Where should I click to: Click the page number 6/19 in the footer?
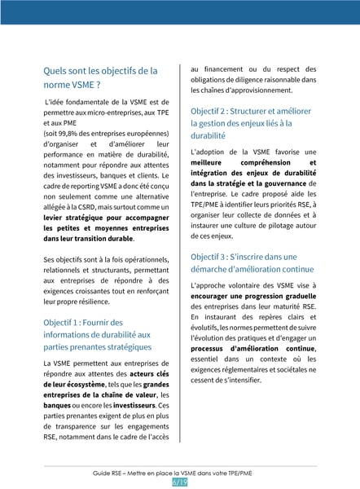click(180, 482)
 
